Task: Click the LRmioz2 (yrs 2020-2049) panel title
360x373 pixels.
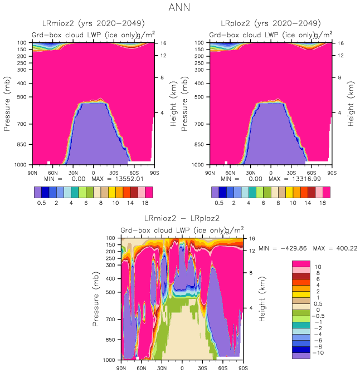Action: coord(94,23)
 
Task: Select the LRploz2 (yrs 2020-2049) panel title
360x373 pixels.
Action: coord(271,23)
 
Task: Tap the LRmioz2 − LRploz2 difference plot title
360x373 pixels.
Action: coord(182,218)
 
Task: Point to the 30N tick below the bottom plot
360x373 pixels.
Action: coord(162,368)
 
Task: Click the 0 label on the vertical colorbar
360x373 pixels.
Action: coord(318,310)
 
